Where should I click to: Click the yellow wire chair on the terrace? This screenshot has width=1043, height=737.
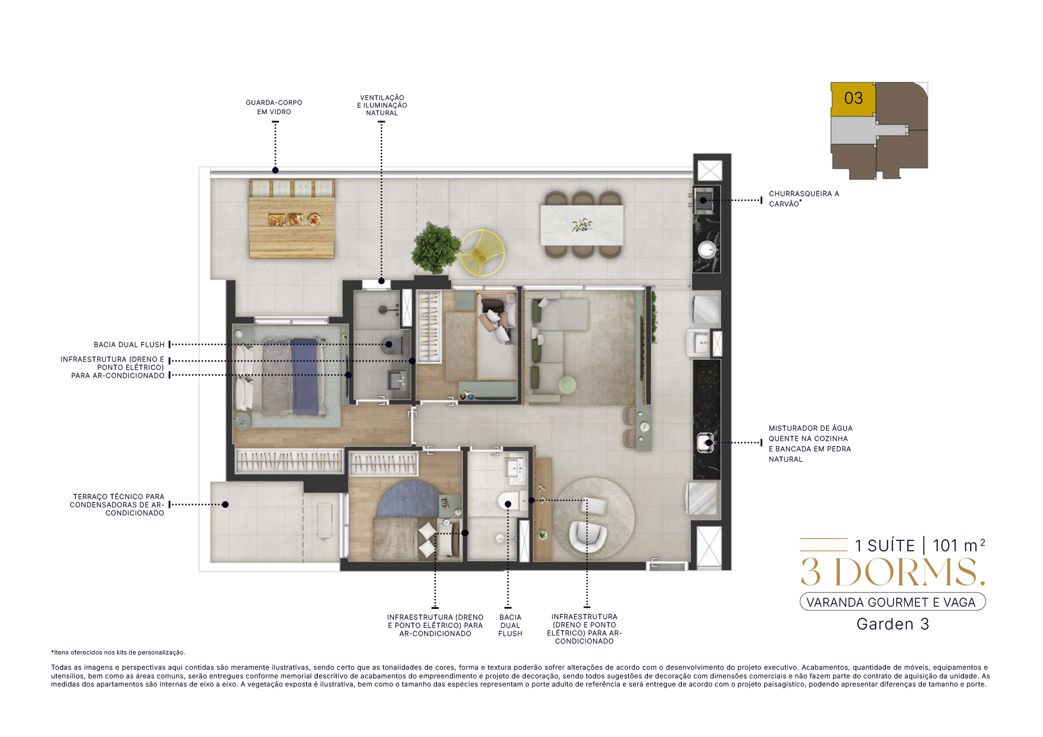click(482, 253)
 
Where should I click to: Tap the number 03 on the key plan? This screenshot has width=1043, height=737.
click(853, 98)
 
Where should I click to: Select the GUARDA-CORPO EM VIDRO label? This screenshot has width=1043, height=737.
click(274, 107)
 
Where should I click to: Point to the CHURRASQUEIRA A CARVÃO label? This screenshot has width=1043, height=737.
click(804, 199)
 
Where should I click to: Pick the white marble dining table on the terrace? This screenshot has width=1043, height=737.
click(582, 225)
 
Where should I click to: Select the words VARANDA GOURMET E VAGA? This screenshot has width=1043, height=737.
click(891, 602)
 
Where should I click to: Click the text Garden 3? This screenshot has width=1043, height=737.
click(893, 624)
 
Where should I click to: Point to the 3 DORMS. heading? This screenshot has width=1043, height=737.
click(893, 572)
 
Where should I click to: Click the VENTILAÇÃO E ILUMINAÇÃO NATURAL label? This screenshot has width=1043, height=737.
click(382, 105)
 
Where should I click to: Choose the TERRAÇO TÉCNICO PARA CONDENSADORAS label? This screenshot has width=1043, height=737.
click(117, 505)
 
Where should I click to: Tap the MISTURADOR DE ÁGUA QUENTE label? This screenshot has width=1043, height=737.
click(810, 444)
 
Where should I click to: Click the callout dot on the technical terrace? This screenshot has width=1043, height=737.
click(225, 505)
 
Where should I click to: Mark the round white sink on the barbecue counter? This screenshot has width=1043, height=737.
click(707, 250)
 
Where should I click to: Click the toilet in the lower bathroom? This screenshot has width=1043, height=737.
click(512, 501)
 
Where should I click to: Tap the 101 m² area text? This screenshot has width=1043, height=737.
click(959, 545)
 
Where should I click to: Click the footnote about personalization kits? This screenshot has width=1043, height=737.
click(118, 652)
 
